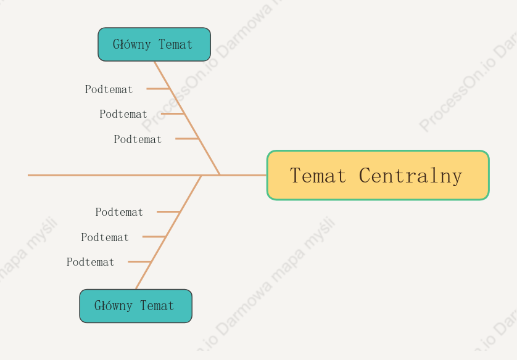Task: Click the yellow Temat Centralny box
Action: [x=378, y=175]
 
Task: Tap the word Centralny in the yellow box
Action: [x=410, y=176]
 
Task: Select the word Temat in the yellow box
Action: [x=318, y=175]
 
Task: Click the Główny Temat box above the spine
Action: [x=154, y=44]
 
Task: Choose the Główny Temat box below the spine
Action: [x=136, y=306]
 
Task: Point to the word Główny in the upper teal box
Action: [x=132, y=44]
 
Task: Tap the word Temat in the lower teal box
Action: [x=157, y=306]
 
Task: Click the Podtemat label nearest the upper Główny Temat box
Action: [x=109, y=89]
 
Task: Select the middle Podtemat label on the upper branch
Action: [x=123, y=114]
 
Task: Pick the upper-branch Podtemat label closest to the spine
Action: [x=138, y=139]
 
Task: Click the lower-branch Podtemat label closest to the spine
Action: [x=119, y=212]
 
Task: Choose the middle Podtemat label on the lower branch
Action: [x=105, y=237]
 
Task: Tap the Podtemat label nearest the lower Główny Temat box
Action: [x=90, y=262]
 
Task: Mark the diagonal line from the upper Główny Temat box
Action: [x=187, y=118]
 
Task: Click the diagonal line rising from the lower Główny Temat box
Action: [x=168, y=232]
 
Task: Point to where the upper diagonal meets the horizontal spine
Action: [x=220, y=175]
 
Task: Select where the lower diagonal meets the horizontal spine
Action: [x=202, y=175]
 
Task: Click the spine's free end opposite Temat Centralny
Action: [x=28, y=175]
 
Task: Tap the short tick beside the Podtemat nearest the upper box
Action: [x=158, y=89]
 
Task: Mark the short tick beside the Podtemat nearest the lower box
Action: [x=139, y=261]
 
